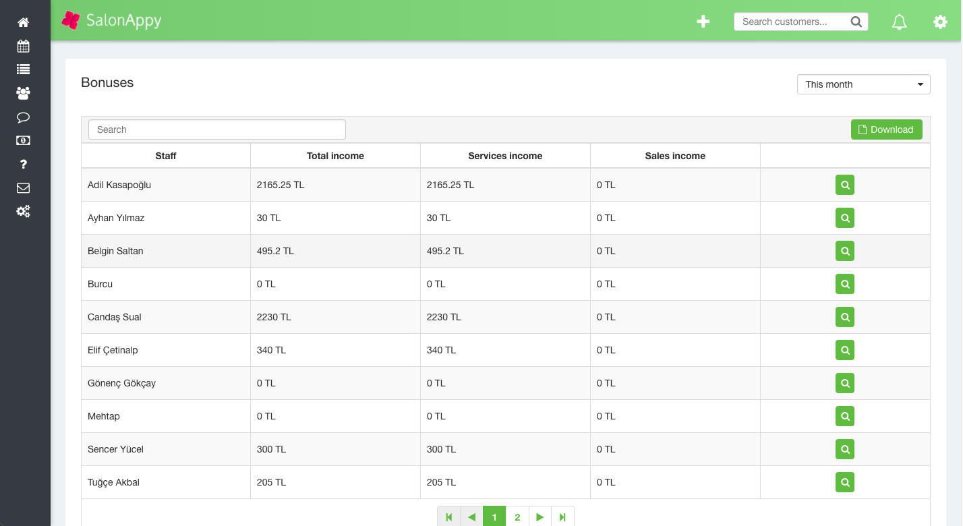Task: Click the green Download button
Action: [886, 129]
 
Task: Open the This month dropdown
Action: [863, 84]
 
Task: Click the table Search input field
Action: [216, 129]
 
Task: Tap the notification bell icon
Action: [899, 22]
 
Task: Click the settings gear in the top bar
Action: [940, 22]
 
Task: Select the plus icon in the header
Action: [703, 22]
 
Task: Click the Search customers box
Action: [793, 22]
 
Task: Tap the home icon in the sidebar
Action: [23, 23]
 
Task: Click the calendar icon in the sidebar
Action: [23, 47]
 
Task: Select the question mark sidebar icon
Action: [23, 165]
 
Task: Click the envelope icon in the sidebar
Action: [23, 188]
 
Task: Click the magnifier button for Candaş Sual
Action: [844, 317]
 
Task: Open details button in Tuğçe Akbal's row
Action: [844, 482]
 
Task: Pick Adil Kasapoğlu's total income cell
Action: [281, 185]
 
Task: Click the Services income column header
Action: [505, 156]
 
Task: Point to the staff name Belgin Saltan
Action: [115, 251]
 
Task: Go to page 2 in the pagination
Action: [517, 517]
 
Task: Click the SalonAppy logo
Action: [111, 21]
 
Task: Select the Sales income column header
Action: [675, 156]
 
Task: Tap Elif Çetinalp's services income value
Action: [441, 350]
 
